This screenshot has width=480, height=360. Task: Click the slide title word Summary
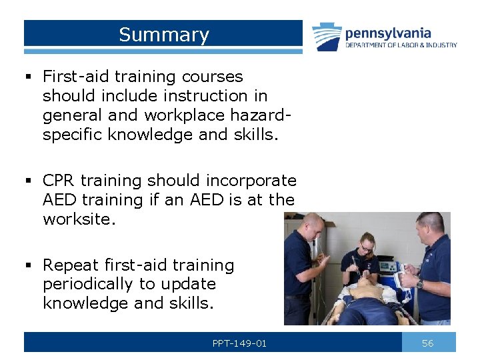tap(164, 35)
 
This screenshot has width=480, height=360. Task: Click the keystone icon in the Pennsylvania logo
tap(327, 37)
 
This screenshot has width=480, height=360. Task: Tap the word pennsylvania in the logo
tap(388, 33)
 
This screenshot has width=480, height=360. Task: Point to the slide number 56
tap(428, 343)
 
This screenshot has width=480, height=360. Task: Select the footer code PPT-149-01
tap(239, 343)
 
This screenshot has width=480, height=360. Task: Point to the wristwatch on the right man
tap(419, 285)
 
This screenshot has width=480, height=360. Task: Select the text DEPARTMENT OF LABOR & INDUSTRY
tap(401, 45)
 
